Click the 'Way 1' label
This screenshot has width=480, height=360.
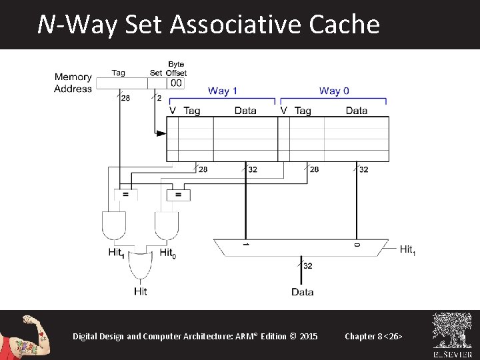(223, 91)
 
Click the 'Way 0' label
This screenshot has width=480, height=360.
(334, 91)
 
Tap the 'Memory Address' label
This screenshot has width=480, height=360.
(73, 83)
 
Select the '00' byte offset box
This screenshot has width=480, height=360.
(175, 83)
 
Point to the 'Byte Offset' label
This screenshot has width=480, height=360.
(176, 69)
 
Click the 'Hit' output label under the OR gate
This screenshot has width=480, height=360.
(140, 291)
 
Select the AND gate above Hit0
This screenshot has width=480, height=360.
(167, 225)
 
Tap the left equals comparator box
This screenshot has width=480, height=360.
(125, 195)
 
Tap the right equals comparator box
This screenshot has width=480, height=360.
(177, 195)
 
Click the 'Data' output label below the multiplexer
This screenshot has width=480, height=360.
(303, 292)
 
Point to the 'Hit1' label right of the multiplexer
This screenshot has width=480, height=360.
(407, 249)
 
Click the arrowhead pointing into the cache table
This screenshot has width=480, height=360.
(161, 133)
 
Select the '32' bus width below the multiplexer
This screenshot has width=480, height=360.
(308, 266)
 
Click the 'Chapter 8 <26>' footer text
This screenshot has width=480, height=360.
(373, 336)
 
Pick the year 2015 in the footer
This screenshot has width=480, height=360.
(309, 336)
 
